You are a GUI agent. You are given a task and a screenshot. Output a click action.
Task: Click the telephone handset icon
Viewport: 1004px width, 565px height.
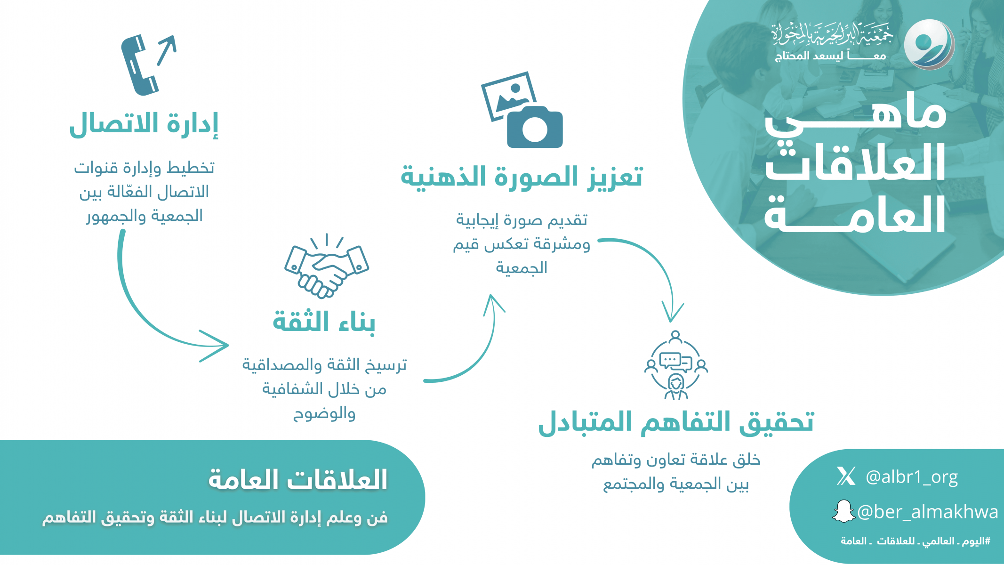[139, 65]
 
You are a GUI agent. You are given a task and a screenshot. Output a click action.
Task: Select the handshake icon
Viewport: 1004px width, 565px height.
[327, 266]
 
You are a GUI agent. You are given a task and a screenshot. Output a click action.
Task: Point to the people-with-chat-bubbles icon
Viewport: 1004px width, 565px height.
[676, 365]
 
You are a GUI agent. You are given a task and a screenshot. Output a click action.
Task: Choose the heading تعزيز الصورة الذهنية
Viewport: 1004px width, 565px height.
[522, 177]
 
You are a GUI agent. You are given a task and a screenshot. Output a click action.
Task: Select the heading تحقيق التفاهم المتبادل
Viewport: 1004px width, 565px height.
[676, 421]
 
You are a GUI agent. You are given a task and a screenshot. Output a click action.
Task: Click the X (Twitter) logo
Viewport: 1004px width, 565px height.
[846, 476]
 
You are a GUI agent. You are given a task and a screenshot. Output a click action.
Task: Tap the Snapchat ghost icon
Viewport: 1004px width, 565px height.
[843, 511]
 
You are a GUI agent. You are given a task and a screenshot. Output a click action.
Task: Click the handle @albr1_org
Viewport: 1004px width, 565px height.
[912, 477]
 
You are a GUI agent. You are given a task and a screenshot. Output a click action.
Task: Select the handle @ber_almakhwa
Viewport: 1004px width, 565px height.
[927, 512]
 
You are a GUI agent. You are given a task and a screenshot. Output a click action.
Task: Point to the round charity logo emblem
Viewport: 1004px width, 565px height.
[929, 44]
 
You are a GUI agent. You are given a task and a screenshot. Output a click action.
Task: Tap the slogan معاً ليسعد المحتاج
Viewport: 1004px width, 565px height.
[830, 56]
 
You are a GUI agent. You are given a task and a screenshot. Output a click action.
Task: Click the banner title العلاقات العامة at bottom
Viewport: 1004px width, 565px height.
[297, 479]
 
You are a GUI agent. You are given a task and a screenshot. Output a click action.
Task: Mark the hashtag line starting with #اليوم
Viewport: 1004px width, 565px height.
[916, 541]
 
